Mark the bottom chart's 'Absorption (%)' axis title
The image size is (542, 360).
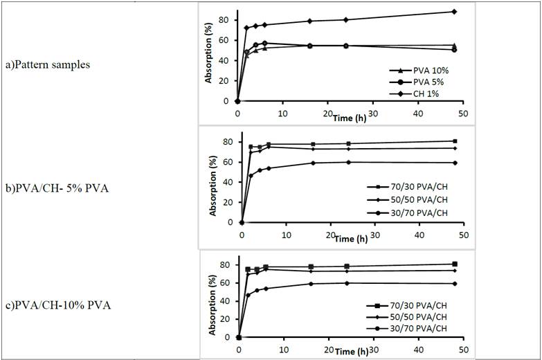click(209, 303)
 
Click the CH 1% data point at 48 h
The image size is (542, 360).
click(454, 12)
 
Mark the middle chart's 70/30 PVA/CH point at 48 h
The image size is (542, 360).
click(454, 141)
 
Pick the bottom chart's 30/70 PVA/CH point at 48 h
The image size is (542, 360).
click(454, 283)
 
